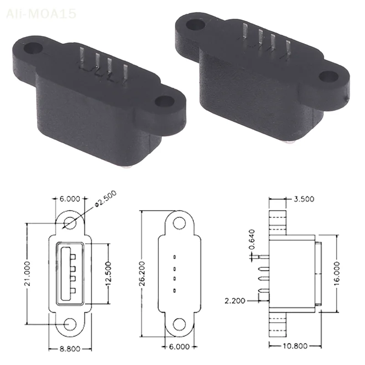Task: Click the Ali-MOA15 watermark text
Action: (41, 14)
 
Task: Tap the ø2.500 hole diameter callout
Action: (104, 199)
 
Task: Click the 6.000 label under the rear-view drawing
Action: (179, 347)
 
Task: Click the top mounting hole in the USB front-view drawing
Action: (70, 223)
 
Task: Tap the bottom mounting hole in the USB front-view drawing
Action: (70, 323)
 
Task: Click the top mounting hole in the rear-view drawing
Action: (180, 223)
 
